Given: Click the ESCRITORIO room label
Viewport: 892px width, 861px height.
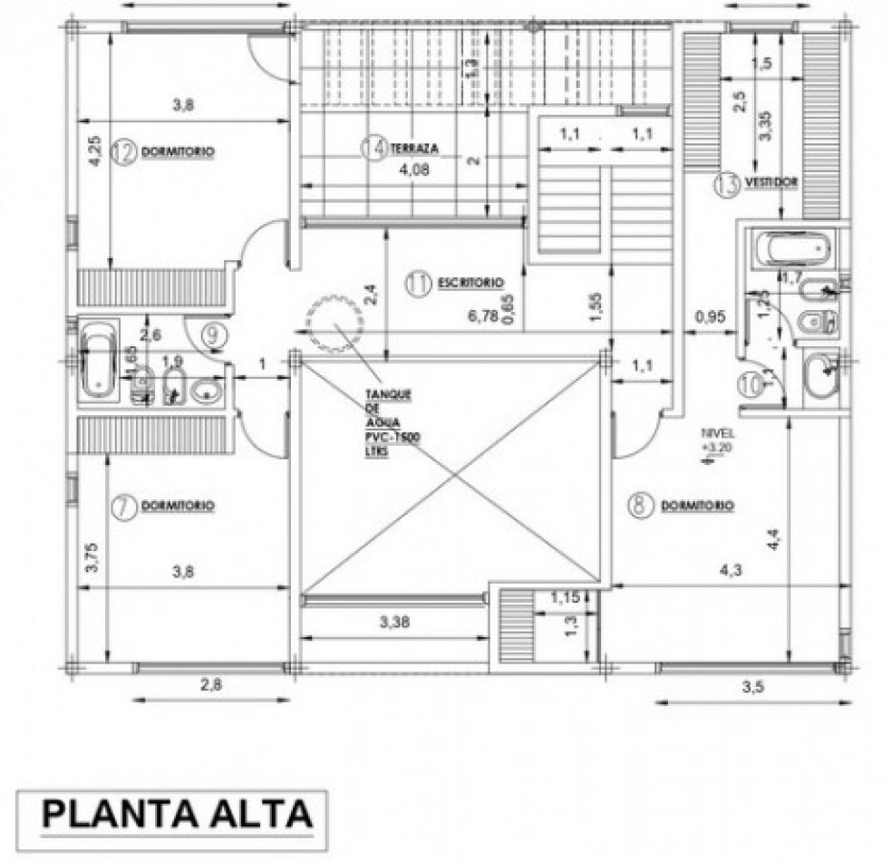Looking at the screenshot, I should point(470,282).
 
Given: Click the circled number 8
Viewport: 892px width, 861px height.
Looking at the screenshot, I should point(641,505).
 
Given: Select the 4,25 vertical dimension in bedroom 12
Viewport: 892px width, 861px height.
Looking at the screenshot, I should point(93,150).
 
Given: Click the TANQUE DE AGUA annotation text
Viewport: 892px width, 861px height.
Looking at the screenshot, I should point(389,424).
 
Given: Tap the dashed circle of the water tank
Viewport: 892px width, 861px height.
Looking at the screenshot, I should point(334,320).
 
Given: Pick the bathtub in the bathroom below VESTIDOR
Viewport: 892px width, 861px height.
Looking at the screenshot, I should point(790,247).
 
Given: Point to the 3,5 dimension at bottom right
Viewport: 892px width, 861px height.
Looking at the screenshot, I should point(752,686).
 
